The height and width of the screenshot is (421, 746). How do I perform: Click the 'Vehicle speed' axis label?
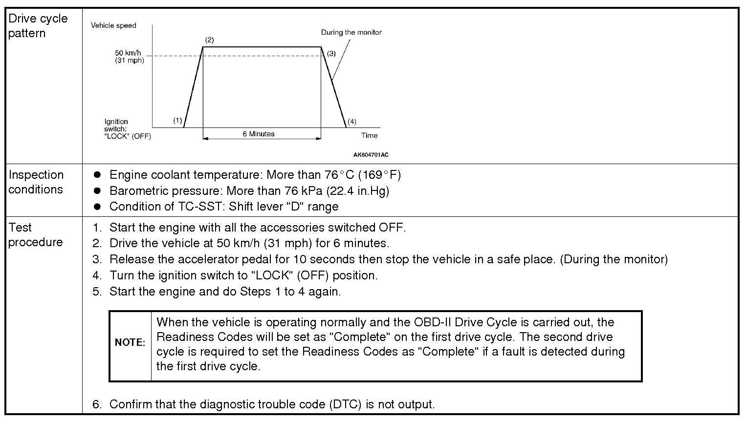113,25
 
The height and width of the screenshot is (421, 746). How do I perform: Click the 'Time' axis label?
369,135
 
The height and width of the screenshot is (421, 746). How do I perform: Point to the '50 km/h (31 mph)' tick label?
130,57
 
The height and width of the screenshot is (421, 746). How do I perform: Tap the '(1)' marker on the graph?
177,120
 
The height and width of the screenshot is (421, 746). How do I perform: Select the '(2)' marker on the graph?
209,40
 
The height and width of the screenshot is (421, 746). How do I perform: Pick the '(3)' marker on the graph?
331,53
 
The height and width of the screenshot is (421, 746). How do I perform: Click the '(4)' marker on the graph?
351,122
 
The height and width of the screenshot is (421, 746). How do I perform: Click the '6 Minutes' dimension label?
259,134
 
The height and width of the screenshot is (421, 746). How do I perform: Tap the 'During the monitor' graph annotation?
351,32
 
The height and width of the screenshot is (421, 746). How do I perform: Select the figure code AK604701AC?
371,155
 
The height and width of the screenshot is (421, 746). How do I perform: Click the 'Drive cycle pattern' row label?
38,26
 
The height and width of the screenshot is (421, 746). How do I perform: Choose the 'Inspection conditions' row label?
36,182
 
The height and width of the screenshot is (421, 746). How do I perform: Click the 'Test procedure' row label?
35,235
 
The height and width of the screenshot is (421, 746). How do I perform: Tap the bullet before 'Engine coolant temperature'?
97,175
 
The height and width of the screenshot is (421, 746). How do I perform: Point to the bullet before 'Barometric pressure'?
97,190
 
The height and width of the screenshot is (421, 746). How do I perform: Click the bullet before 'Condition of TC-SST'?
97,207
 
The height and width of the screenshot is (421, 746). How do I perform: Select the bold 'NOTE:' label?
130,342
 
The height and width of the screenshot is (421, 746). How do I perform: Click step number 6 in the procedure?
97,404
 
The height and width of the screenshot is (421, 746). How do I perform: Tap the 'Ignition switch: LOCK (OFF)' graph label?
127,129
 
